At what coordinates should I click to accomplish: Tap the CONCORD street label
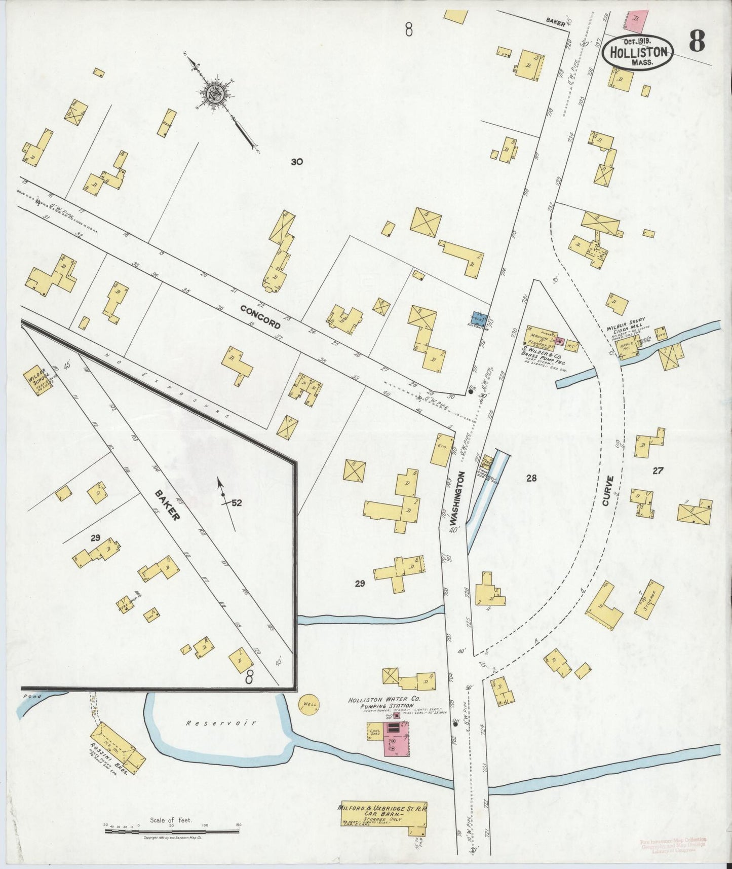point(260,316)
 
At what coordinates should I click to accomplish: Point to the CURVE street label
point(608,490)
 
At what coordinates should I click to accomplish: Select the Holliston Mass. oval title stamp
point(638,52)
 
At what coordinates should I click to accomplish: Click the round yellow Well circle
point(308,705)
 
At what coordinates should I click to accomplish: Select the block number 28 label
point(531,478)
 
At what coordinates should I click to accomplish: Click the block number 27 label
point(658,470)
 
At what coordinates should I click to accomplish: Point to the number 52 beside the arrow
point(236,503)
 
